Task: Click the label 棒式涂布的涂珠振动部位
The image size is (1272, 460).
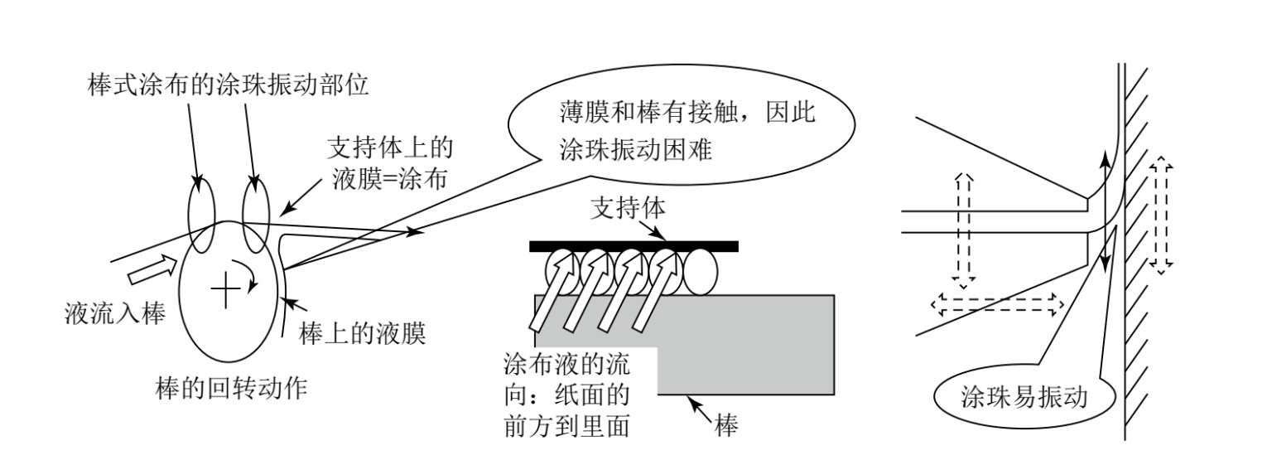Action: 227,85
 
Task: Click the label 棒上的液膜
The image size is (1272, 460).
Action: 362,334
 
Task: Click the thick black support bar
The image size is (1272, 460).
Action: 634,245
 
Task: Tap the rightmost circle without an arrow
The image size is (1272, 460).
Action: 701,273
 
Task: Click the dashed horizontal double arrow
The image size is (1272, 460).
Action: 997,306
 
